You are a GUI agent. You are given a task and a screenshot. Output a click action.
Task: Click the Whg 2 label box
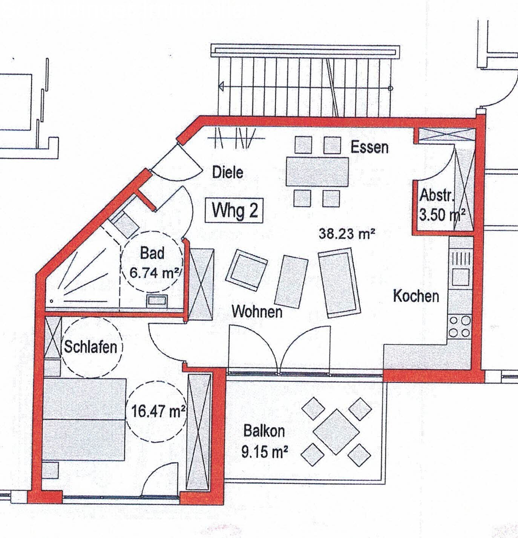click(234, 211)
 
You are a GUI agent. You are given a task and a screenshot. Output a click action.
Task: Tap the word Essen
click(369, 147)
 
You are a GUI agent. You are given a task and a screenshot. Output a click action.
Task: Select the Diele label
click(227, 173)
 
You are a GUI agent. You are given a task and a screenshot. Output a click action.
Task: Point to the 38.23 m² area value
click(347, 234)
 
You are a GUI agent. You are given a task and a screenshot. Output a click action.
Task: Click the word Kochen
click(416, 296)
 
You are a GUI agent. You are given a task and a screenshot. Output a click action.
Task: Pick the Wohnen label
click(257, 312)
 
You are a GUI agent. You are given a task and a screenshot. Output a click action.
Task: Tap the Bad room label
click(152, 253)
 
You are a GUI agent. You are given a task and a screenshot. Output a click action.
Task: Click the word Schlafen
click(90, 347)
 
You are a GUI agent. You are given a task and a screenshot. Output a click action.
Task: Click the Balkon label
click(264, 431)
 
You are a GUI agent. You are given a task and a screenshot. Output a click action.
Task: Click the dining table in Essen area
click(317, 171)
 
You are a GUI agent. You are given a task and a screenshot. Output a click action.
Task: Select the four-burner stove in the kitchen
click(459, 327)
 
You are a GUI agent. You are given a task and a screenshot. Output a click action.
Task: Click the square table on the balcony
click(336, 431)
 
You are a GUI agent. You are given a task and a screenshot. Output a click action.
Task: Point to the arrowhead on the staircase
click(221, 87)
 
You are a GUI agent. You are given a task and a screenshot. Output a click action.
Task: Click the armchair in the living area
click(246, 270)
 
